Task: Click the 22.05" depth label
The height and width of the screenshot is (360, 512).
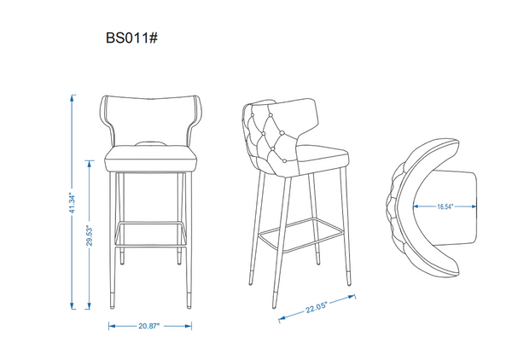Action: coord(317,309)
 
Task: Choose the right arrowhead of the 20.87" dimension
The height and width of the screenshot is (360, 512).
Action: coord(193,325)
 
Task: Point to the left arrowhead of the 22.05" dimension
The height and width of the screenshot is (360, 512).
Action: coord(281,320)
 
